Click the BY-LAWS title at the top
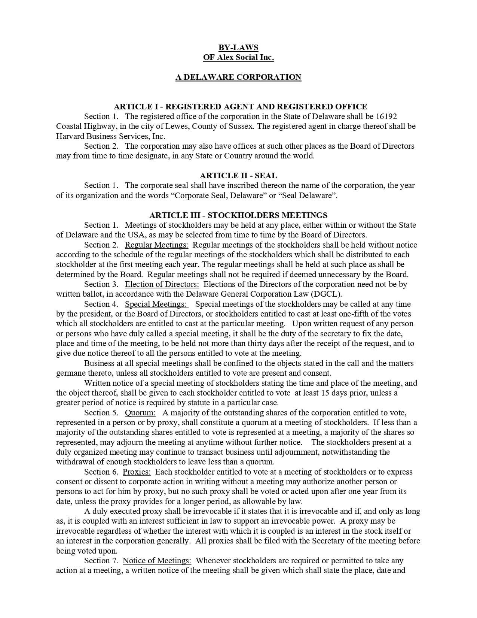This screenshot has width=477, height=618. pos(238,48)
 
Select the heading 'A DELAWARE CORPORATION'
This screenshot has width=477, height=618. pos(238,77)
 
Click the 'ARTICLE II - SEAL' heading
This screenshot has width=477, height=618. pos(238,176)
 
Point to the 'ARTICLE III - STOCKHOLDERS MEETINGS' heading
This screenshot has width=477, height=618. pos(238,215)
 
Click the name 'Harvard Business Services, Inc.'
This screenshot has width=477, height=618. pos(111,136)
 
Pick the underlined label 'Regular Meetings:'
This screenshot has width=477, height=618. pos(156,245)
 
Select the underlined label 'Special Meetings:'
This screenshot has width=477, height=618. pos(156,304)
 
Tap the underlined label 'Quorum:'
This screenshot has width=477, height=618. pos(140,413)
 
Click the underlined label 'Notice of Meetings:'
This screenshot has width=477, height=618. pos(157,561)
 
